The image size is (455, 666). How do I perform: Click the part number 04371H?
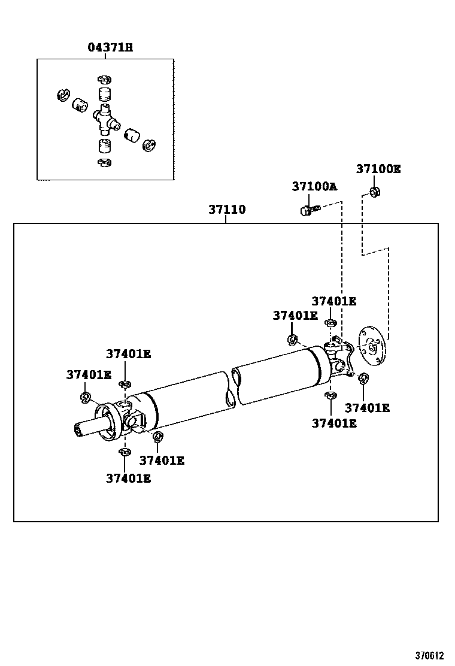(110, 47)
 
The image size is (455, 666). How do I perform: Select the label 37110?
(227, 210)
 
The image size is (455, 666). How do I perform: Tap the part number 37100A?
(314, 186)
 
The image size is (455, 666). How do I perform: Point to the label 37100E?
(378, 169)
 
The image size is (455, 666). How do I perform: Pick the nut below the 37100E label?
(375, 192)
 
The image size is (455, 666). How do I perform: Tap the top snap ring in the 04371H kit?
(104, 80)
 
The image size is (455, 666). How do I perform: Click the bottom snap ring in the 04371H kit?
(104, 163)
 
